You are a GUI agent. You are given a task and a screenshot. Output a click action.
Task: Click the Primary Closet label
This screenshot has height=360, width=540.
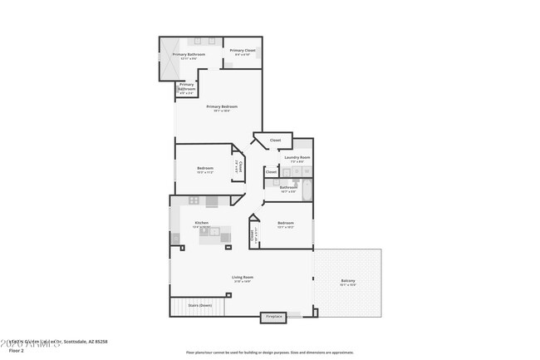(x=243, y=52)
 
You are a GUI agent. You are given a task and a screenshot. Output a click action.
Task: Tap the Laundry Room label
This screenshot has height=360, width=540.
(x=297, y=158)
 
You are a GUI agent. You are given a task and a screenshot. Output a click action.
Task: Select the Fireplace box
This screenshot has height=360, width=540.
(x=273, y=317)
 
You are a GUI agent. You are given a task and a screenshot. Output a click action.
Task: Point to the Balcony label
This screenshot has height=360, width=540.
(x=348, y=281)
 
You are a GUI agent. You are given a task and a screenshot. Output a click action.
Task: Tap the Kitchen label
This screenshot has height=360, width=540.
(x=201, y=223)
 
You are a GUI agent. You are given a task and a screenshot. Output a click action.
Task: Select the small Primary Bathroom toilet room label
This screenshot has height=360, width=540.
(x=186, y=87)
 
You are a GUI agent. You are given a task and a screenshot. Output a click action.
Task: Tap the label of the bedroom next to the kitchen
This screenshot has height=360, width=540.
(x=285, y=224)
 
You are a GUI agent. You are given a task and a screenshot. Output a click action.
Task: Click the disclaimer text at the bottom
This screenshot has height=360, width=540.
(x=269, y=353)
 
